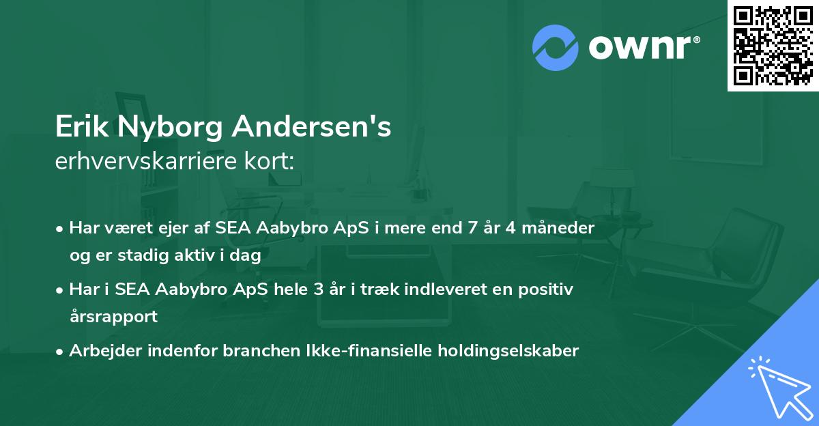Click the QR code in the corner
(x=773, y=45)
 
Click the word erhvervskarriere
(x=147, y=161)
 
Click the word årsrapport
(x=113, y=317)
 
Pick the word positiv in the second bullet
(x=548, y=289)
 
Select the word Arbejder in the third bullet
(x=100, y=351)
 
